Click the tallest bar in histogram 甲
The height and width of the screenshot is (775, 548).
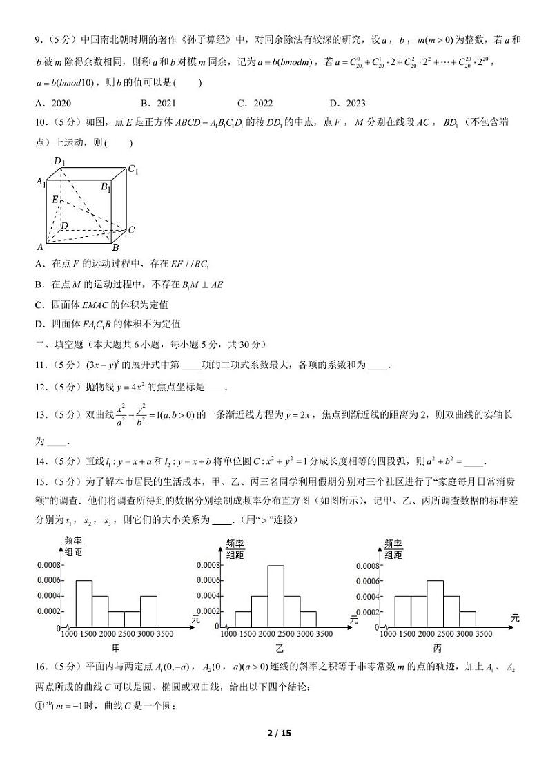click(84, 604)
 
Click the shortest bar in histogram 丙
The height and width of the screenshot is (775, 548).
click(467, 620)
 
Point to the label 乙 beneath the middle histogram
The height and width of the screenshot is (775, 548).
click(279, 649)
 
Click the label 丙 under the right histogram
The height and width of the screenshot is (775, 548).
click(437, 649)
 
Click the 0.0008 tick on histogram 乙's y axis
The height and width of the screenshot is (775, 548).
click(208, 565)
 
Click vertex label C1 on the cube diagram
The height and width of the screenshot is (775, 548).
click(133, 169)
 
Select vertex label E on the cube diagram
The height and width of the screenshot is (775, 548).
click(55, 199)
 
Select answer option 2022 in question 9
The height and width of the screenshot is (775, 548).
click(255, 104)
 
